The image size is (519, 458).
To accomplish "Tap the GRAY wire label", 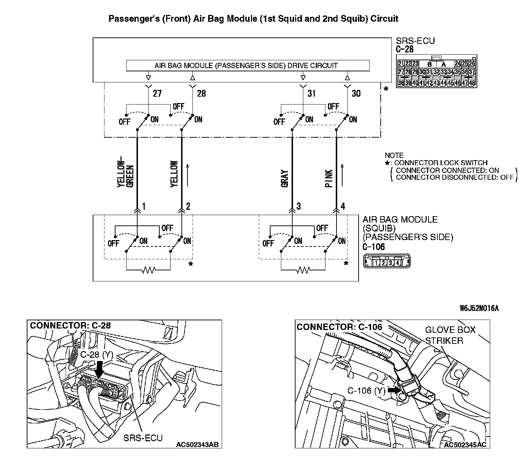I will point(285,178).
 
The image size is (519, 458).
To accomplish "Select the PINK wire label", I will point(329,178).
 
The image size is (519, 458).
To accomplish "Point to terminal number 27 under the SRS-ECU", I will point(157,93).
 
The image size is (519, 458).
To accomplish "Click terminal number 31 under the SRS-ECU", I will point(312,93).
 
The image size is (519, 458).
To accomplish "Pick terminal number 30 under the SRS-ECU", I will point(356,93).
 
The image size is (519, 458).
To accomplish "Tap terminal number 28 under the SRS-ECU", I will point(201,93).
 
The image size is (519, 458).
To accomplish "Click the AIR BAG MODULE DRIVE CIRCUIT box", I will point(248,66).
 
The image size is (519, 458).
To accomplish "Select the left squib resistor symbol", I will point(148,270).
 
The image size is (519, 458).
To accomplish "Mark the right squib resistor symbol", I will point(303,270).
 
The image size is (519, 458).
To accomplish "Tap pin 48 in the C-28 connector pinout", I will point(472,83).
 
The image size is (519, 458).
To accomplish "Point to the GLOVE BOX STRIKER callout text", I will point(450,335).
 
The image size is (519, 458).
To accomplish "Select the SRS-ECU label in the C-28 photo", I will point(143,438).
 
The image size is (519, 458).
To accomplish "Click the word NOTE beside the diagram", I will point(394,156).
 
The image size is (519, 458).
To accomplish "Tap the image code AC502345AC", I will point(465,444).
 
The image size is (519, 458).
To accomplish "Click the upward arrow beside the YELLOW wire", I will point(187,175).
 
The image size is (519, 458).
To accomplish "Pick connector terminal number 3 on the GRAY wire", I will point(299,206).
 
